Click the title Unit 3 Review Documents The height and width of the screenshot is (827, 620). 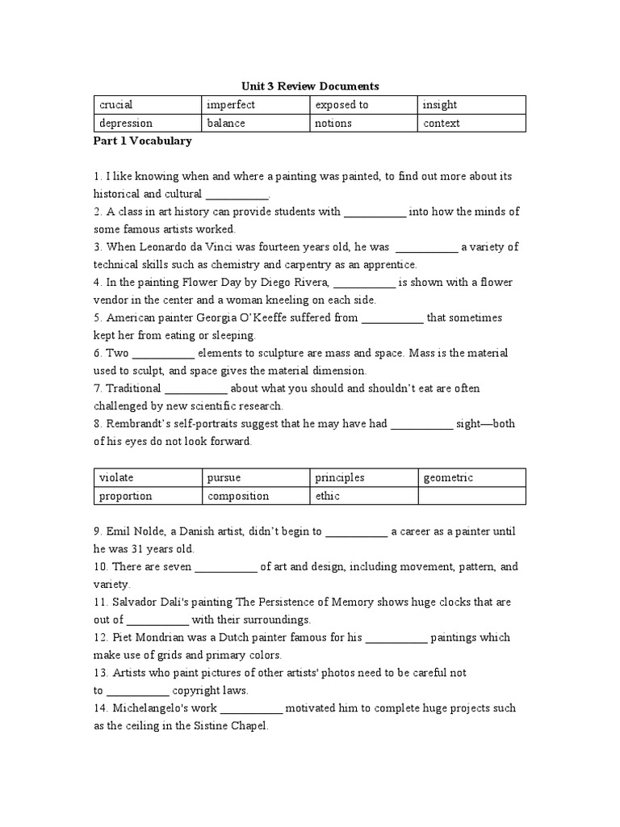311,86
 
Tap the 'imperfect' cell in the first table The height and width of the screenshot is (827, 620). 256,105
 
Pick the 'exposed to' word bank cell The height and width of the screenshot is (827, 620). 364,105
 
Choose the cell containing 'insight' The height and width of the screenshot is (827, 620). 471,105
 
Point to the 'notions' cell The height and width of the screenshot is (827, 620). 364,124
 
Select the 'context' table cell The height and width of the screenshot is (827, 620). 471,124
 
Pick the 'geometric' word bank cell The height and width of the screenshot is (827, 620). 471,478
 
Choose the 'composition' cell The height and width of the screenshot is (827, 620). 256,497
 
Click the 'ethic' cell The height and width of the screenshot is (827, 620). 364,497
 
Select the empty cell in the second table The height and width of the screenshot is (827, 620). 471,497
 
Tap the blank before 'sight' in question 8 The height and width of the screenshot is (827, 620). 422,425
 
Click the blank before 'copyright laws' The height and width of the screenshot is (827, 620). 138,691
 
